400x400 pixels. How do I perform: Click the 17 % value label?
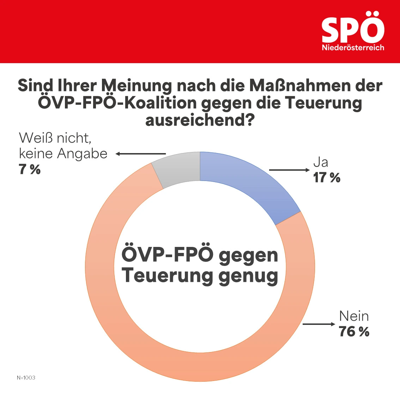coord(327,178)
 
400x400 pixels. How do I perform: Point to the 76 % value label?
coord(354,332)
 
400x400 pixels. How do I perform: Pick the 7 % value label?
coord(30,170)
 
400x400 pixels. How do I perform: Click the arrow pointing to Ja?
coord(289,170)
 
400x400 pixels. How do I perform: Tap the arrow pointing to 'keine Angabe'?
coord(141,154)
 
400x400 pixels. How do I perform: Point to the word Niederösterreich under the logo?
coord(353,48)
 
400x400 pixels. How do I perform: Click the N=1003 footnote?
coord(26,378)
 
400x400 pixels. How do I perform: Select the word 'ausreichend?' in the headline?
coord(200,121)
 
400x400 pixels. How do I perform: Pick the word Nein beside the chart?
coord(354,316)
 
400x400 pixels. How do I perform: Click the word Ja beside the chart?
coord(321,162)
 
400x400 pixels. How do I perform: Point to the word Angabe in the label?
coord(82,154)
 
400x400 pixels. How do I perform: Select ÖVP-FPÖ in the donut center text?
coord(168,255)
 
